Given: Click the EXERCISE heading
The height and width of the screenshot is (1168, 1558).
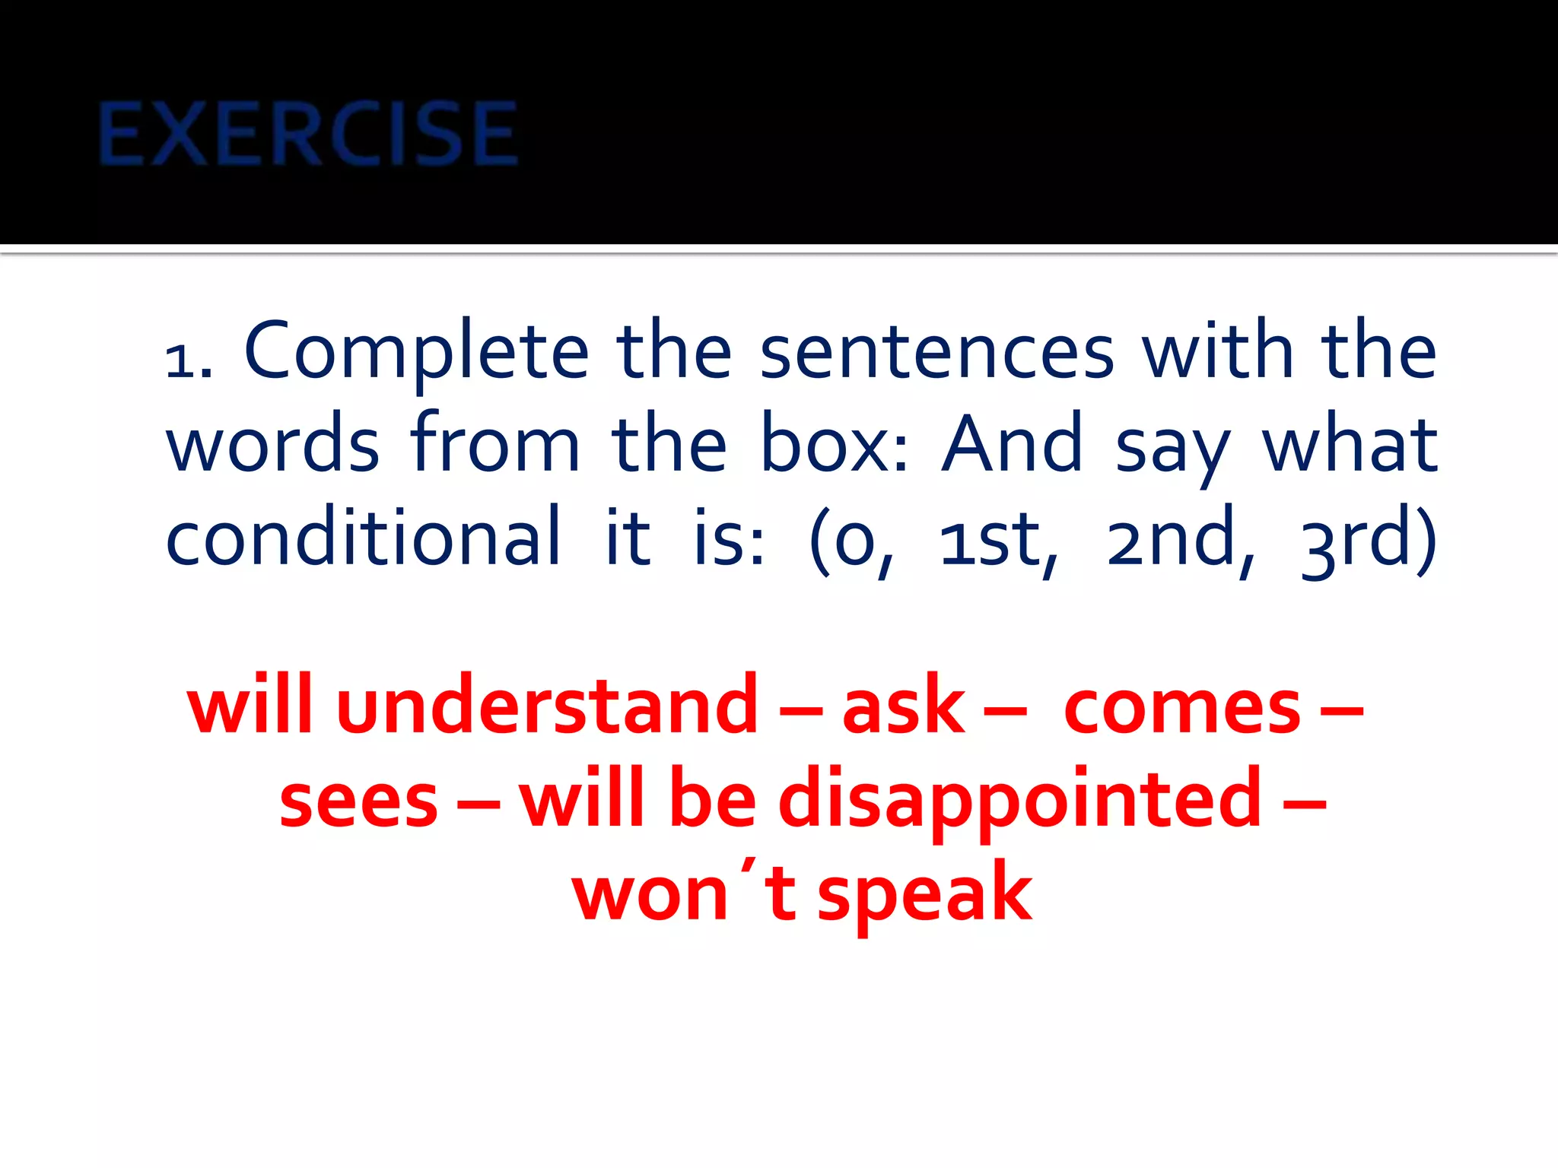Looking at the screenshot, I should click(308, 135).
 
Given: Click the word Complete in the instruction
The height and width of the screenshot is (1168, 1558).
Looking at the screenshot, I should click(417, 351).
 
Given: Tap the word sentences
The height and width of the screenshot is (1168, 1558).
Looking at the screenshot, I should click(937, 351).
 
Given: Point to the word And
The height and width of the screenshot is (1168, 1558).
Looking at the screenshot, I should click(1012, 444).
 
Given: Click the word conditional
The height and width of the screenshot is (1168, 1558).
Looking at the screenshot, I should click(364, 537).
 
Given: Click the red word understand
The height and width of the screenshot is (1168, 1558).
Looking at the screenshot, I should click(547, 706).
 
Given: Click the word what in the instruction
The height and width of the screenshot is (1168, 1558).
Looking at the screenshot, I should click(1350, 444).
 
